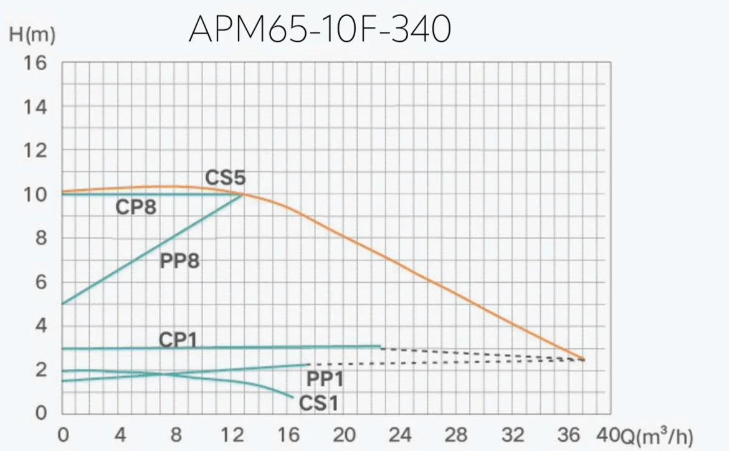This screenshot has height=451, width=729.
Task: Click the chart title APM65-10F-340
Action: (x=319, y=29)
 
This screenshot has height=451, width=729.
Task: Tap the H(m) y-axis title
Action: (x=32, y=36)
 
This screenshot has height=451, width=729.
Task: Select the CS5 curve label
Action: (x=226, y=178)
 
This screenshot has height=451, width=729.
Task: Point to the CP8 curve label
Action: (x=136, y=207)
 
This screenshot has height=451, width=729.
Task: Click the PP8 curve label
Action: (x=179, y=261)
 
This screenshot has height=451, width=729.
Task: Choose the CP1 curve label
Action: (x=178, y=339)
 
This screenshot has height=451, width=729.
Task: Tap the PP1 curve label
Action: (x=325, y=378)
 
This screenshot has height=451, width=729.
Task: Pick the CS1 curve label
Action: (x=318, y=404)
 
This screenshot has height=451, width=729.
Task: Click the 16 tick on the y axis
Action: (x=36, y=64)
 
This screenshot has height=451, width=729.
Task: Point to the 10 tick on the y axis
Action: (x=36, y=194)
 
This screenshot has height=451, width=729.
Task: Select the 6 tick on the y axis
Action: (x=41, y=282)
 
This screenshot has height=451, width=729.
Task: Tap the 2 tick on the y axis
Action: (x=41, y=370)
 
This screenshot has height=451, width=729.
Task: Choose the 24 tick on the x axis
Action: (x=400, y=434)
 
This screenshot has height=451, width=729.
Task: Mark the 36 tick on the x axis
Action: (x=569, y=434)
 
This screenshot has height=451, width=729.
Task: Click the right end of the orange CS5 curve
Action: (x=584, y=359)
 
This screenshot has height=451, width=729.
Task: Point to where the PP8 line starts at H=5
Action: (x=63, y=304)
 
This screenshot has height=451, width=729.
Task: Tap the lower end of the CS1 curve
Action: (x=292, y=397)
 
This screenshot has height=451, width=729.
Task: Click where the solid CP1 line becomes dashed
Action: (x=380, y=346)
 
